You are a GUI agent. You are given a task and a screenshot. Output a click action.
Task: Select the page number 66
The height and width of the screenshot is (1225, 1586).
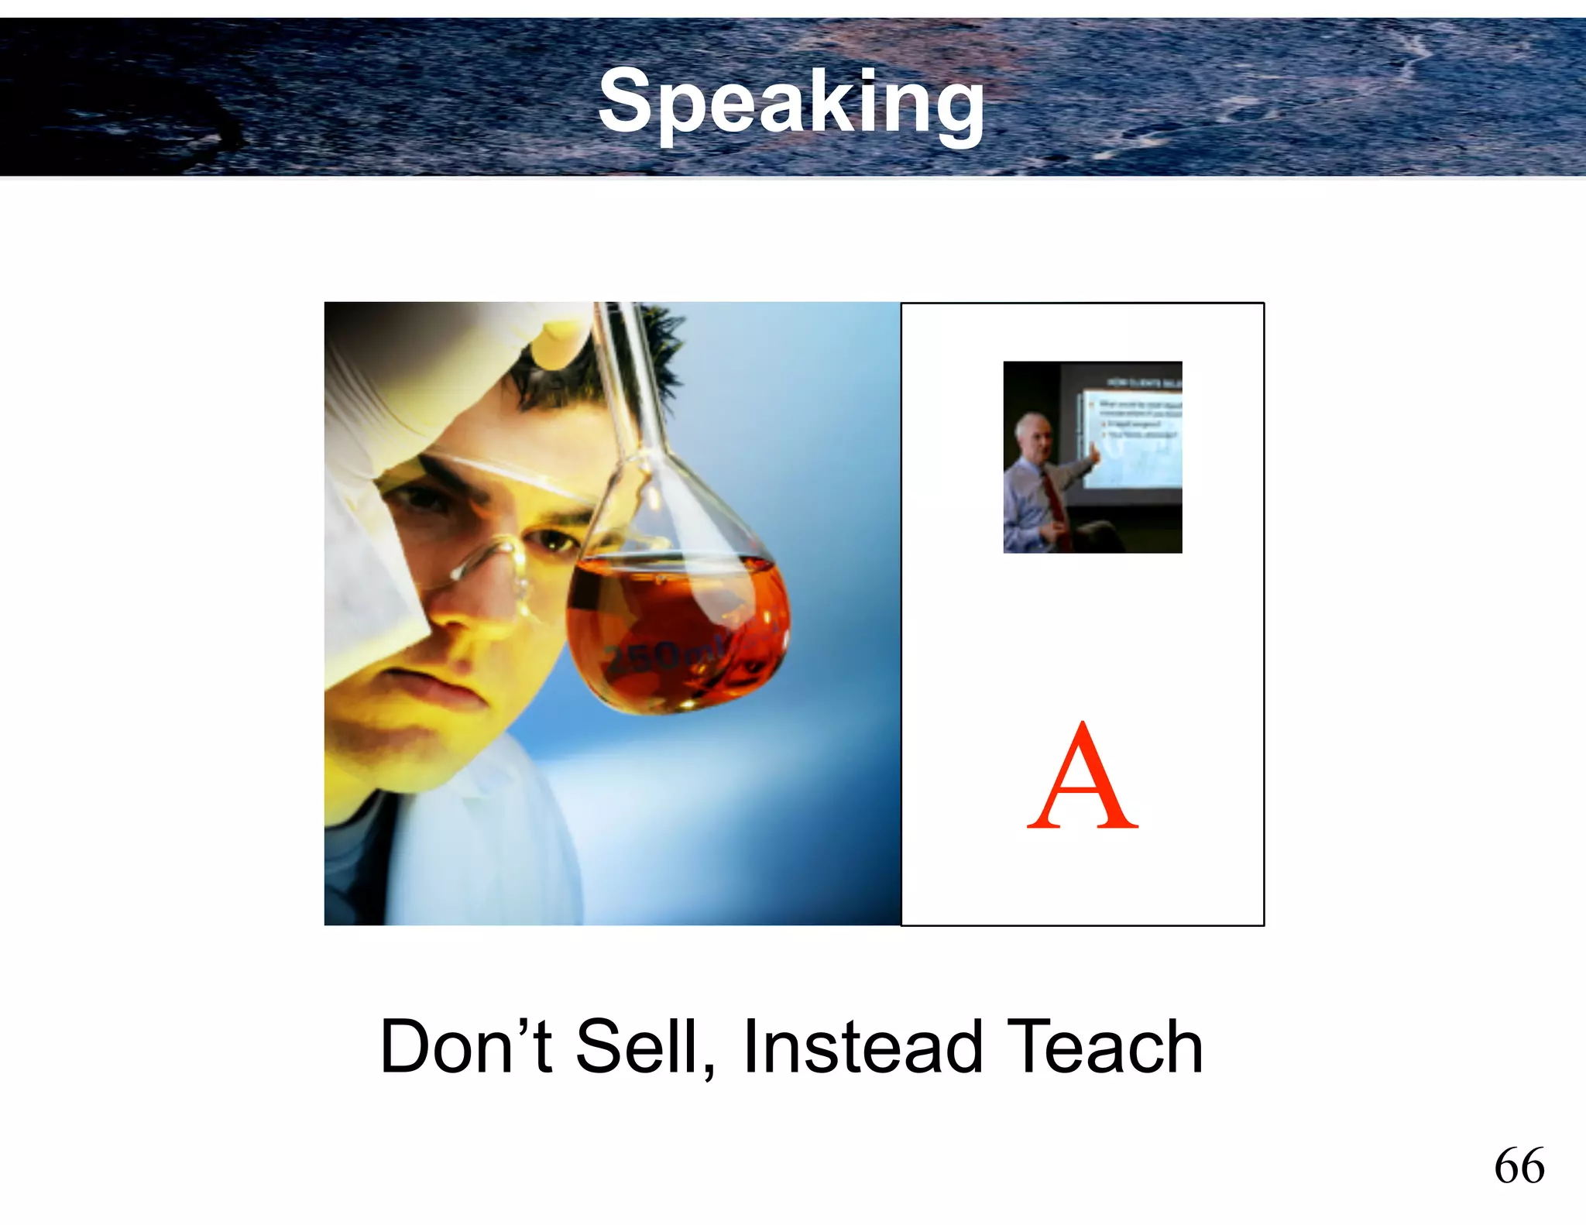(x=1519, y=1165)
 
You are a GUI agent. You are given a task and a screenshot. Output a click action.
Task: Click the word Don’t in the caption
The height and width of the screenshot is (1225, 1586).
(x=465, y=1047)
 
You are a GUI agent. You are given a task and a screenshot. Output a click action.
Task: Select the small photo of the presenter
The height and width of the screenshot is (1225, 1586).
(x=1093, y=457)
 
